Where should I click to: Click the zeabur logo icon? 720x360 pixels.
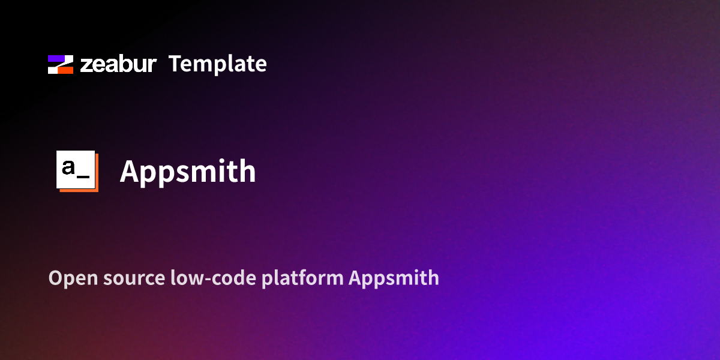click(x=61, y=64)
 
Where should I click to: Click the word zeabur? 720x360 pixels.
click(x=118, y=64)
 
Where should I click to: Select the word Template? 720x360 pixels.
click(x=217, y=64)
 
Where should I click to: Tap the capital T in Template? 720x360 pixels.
click(x=175, y=64)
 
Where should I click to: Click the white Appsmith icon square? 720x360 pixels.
click(x=76, y=170)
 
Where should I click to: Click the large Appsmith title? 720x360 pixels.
click(x=188, y=172)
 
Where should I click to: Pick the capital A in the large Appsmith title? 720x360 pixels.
click(x=130, y=171)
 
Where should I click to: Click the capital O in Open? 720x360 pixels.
click(x=55, y=278)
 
